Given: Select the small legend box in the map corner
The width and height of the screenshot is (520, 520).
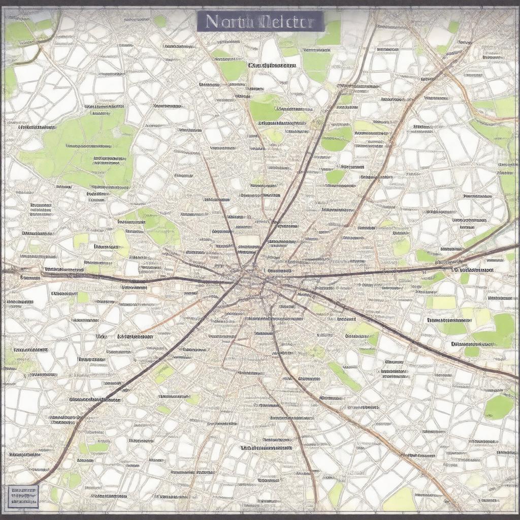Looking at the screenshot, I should (x=23, y=496).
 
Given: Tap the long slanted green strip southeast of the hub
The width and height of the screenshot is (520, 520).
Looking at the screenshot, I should (x=344, y=376).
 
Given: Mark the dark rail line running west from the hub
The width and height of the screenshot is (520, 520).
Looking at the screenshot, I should (x=127, y=279).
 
